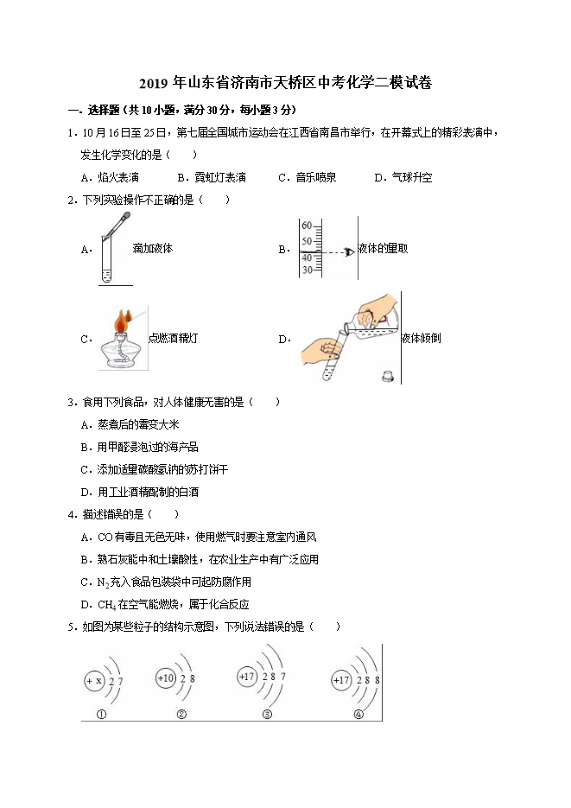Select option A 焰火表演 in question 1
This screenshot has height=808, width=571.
coord(118,177)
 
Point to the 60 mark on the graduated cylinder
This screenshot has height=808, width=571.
coord(306,226)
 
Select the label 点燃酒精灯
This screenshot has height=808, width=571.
coord(173,338)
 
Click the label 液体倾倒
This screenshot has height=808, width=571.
coord(422,338)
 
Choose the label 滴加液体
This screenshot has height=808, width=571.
coord(153,249)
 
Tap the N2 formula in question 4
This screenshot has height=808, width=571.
coord(104,582)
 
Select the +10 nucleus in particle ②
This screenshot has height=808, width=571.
coord(166,678)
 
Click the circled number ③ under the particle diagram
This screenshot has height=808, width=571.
coord(267,715)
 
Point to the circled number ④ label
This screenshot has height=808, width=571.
coord(358,715)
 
